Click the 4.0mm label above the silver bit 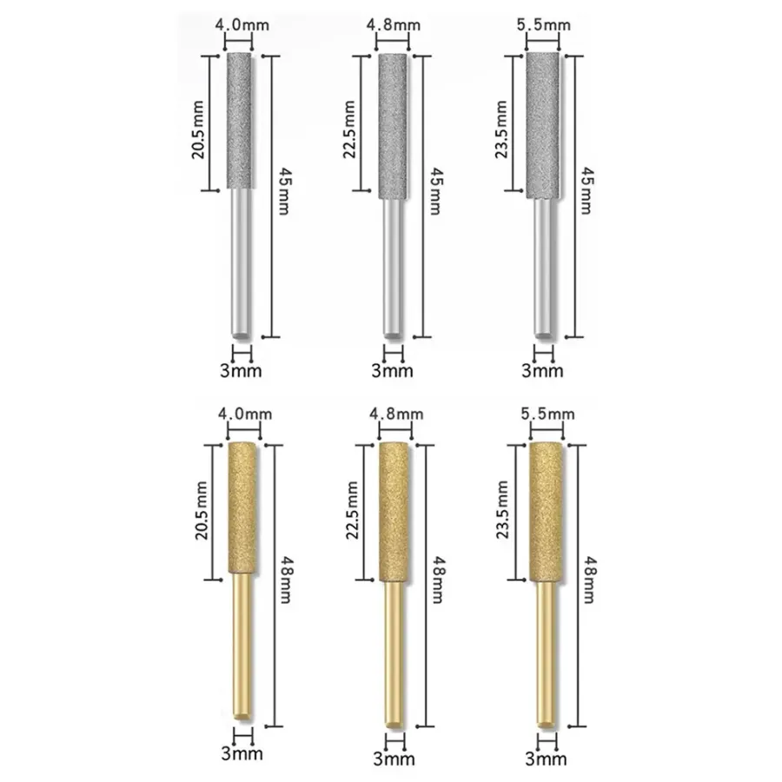pos(242,25)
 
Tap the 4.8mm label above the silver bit pos(394,25)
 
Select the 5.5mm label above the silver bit pos(544,25)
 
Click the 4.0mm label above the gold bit pos(245,414)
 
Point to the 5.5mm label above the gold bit pos(547,414)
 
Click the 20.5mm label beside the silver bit pos(198,129)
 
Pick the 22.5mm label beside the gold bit pos(352,510)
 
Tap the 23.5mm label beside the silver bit pos(501,129)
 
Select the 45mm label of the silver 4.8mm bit pos(436,191)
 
